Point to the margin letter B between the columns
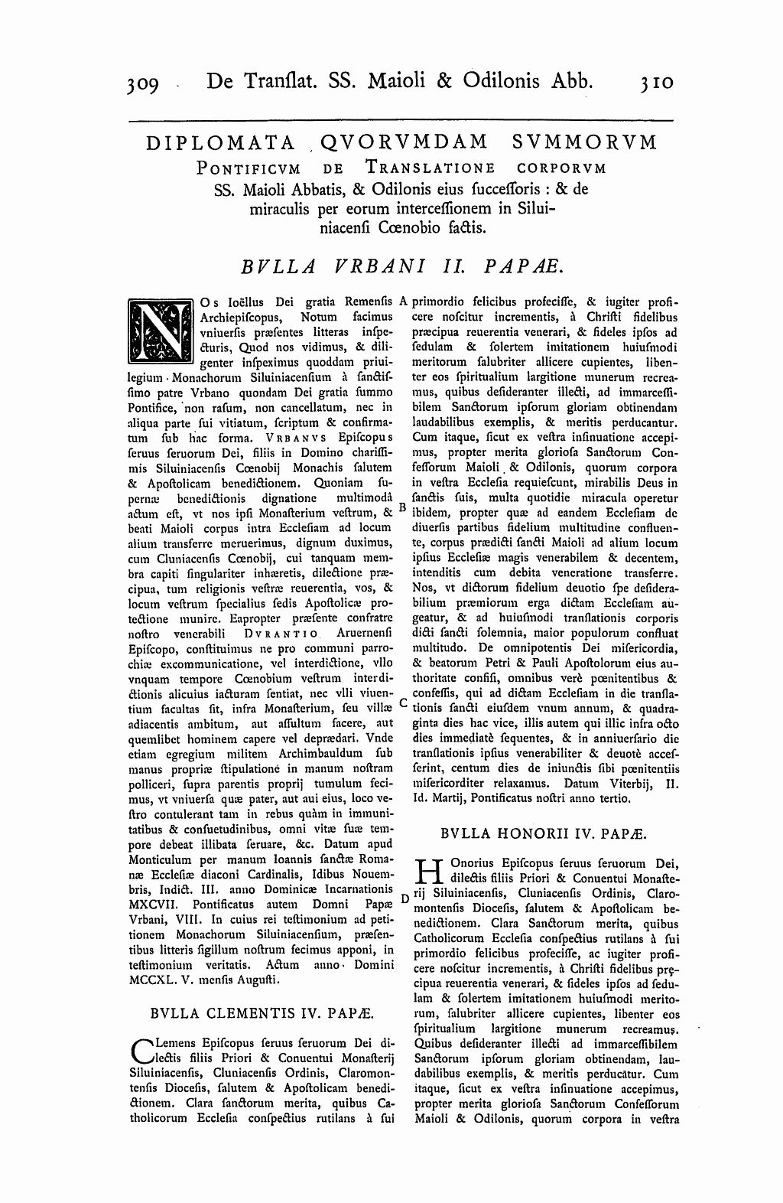coord(403,506)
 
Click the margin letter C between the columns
coord(403,703)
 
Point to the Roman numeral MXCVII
coord(151,905)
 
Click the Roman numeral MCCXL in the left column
coord(151,980)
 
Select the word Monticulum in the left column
coord(157,860)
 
